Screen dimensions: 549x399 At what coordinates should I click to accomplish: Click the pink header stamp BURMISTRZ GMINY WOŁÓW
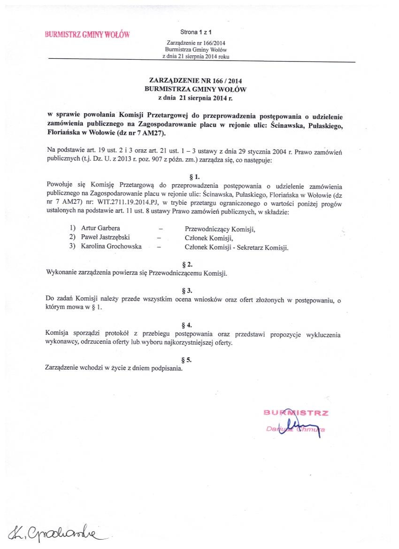[87, 34]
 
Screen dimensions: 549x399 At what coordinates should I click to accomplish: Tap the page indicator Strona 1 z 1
[196, 32]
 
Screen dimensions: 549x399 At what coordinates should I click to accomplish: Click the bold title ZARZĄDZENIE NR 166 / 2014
[195, 81]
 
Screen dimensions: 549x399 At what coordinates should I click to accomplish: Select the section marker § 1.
[197, 176]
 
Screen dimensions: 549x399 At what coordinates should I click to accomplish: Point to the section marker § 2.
[197, 264]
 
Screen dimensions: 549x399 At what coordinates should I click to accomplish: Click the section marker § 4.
[197, 325]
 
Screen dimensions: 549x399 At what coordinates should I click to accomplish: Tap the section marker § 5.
[197, 360]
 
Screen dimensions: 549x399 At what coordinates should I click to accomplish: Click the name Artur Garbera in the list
[100, 229]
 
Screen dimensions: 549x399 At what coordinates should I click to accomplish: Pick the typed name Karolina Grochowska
[111, 247]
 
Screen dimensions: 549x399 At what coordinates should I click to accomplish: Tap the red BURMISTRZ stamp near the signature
[296, 413]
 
